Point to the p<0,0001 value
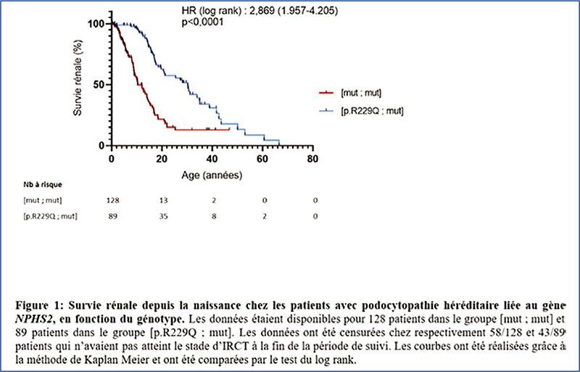202,22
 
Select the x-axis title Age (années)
211,175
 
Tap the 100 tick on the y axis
95,24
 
